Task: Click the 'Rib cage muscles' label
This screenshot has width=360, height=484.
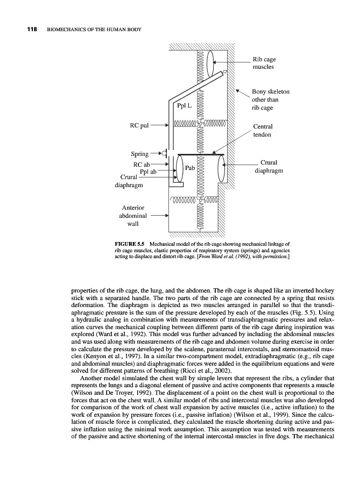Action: pos(264,63)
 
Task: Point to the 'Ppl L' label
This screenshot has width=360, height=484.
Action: pos(183,105)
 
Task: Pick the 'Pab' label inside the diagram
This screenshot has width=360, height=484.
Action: pos(189,168)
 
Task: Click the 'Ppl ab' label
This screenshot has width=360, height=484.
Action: pos(148,172)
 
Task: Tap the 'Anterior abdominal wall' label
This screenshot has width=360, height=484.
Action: pos(132,216)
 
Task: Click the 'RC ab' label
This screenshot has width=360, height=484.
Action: pos(142,164)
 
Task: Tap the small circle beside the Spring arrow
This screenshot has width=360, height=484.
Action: pos(164,154)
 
